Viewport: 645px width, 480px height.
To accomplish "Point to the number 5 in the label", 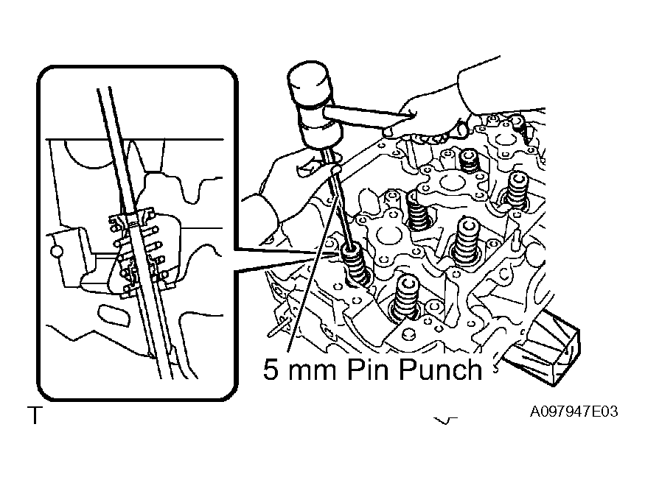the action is [x=271, y=370].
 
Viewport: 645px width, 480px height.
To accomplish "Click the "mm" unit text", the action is [x=313, y=372].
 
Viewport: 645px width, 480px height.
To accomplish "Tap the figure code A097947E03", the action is [x=573, y=412].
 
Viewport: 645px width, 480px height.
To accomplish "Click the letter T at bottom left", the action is [x=35, y=415].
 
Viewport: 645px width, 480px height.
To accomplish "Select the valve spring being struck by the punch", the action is [x=355, y=264].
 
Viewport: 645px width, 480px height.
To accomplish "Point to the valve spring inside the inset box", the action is [x=138, y=253].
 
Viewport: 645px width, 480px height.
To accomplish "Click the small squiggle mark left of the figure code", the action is [x=444, y=420].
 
